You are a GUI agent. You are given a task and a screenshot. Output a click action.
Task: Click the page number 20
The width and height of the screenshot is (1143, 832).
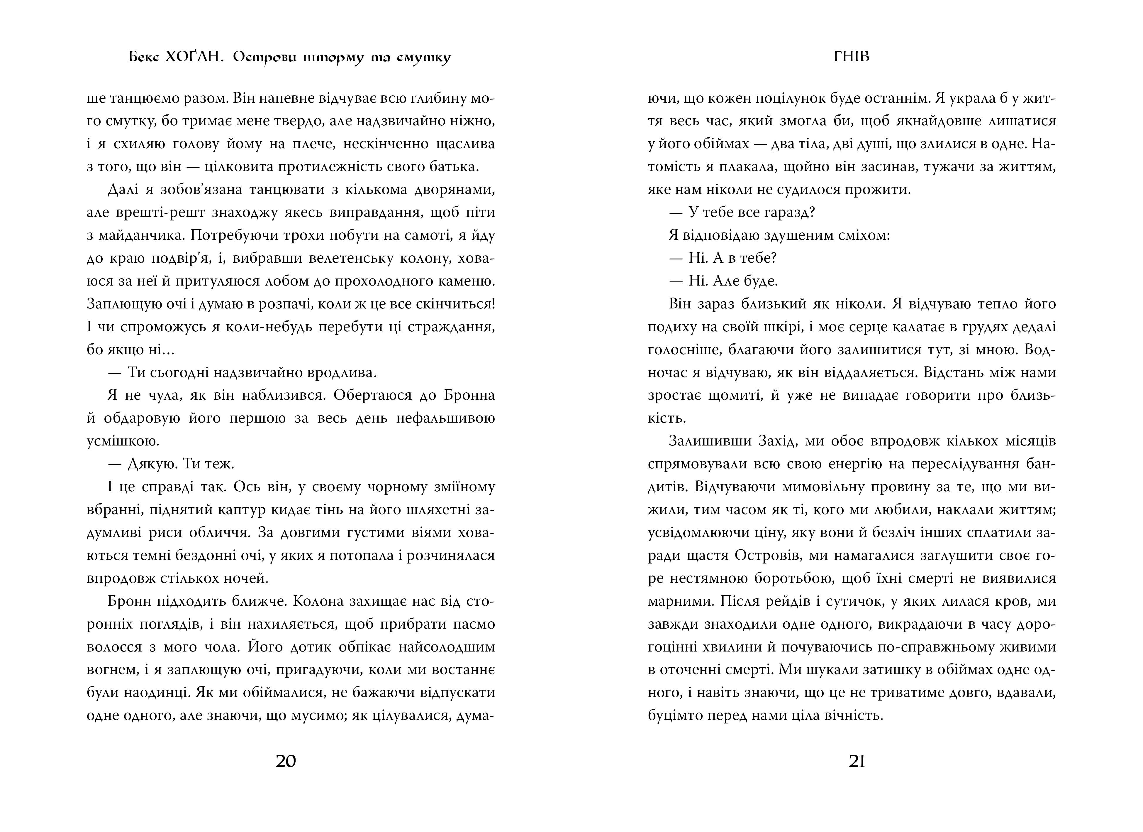tap(286, 761)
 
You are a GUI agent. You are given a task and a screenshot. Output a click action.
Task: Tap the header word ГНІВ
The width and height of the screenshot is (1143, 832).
tap(852, 57)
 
